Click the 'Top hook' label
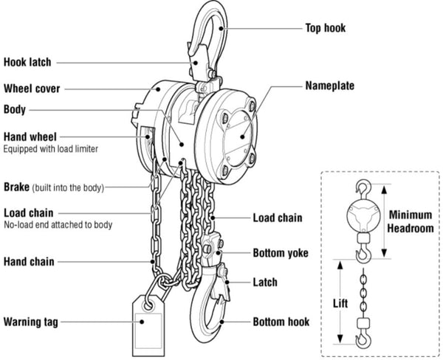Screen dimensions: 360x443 [325, 29]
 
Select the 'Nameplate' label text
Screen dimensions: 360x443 [329, 86]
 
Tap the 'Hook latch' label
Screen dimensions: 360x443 [28, 62]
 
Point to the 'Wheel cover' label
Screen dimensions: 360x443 [32, 89]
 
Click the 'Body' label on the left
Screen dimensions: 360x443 [15, 110]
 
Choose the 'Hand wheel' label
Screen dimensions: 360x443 [30, 136]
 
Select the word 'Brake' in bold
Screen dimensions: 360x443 [17, 187]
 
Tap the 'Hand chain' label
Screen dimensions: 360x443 [29, 261]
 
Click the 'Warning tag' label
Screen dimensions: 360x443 [30, 322]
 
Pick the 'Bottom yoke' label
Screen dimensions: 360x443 [280, 253]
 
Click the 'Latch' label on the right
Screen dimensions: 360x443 [265, 282]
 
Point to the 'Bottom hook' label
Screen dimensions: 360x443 [281, 322]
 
